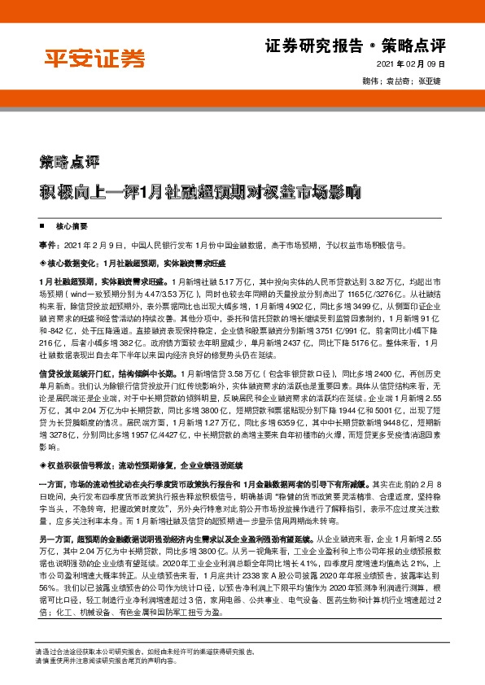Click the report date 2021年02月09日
pyautogui.click(x=413, y=66)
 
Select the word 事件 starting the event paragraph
pyautogui.click(x=47, y=244)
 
